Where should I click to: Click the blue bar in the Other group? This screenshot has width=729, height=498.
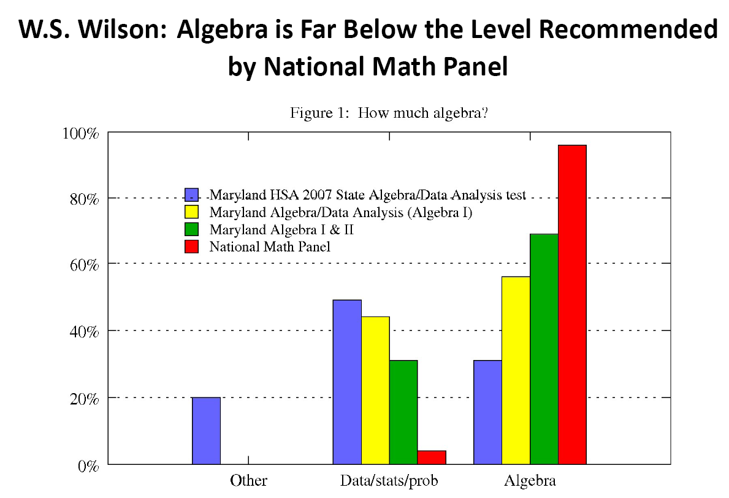[206, 431]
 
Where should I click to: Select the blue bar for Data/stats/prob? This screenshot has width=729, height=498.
[347, 381]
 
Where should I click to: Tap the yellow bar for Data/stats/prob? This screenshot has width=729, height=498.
[375, 390]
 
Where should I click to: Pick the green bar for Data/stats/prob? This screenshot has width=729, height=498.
[403, 412]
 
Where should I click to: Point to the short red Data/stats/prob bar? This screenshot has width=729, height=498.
[432, 458]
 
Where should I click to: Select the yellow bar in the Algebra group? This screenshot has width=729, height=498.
[516, 370]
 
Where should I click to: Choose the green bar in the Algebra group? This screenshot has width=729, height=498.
[544, 349]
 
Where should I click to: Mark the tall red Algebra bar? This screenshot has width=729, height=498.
[572, 304]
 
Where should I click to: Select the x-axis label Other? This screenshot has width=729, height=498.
[248, 480]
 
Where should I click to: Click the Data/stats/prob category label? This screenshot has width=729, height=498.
[389, 480]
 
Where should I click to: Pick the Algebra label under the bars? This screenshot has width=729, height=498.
[530, 480]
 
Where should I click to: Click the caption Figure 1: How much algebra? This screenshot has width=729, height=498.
[389, 113]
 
